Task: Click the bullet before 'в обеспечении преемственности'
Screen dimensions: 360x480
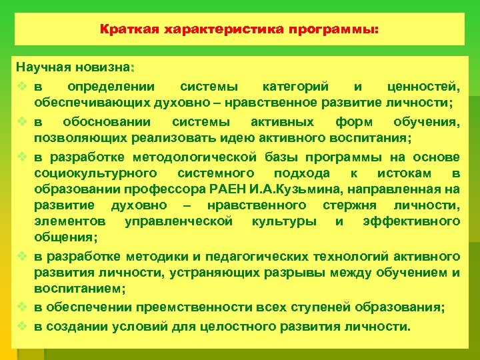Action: [22, 307]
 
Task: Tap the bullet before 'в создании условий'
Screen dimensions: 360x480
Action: [22, 326]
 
